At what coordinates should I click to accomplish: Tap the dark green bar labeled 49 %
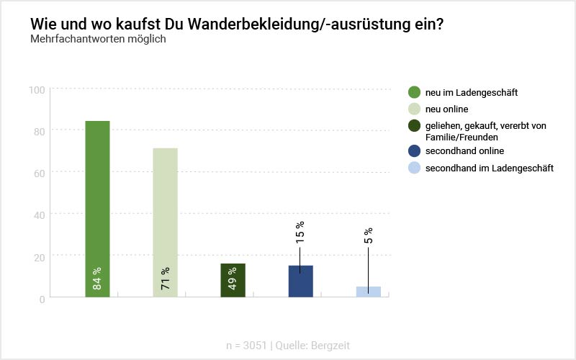[x=233, y=280]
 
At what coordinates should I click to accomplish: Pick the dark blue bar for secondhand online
[x=300, y=282]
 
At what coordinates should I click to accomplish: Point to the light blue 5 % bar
[x=368, y=292]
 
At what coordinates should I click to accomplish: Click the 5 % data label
[x=368, y=236]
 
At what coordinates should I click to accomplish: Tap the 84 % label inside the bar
[x=97, y=277]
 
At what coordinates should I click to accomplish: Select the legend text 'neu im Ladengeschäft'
[x=472, y=92]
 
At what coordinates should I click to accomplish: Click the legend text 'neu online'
[x=447, y=109]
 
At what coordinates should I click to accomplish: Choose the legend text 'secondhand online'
[x=464, y=151]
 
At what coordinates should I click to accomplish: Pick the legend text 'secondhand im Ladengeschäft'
[x=489, y=168]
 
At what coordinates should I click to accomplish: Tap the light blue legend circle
[x=414, y=168]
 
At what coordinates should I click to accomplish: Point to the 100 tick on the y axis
[x=37, y=89]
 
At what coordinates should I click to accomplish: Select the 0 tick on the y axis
[x=42, y=298]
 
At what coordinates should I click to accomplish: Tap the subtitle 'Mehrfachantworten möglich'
[x=98, y=39]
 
